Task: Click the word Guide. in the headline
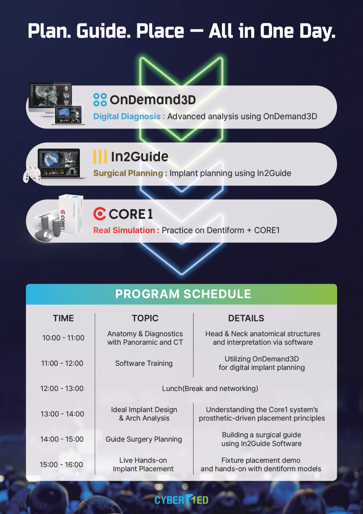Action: point(103,31)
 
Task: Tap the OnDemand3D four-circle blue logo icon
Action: point(100,100)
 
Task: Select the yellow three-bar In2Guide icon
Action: point(100,157)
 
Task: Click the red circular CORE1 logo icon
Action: point(100,214)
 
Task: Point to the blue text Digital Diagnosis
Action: point(127,116)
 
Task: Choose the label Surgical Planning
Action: point(128,173)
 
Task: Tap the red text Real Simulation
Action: point(124,230)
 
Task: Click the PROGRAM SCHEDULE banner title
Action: point(183,294)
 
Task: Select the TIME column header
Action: point(63,318)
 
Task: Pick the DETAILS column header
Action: point(246,318)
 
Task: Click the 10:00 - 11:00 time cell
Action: point(63,338)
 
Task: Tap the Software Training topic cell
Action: point(144,363)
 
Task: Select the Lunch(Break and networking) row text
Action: point(210,389)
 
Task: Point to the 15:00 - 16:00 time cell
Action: point(61,464)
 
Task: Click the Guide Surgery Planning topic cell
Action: point(144,439)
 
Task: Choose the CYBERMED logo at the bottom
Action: point(181,500)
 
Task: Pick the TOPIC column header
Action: point(145,318)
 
